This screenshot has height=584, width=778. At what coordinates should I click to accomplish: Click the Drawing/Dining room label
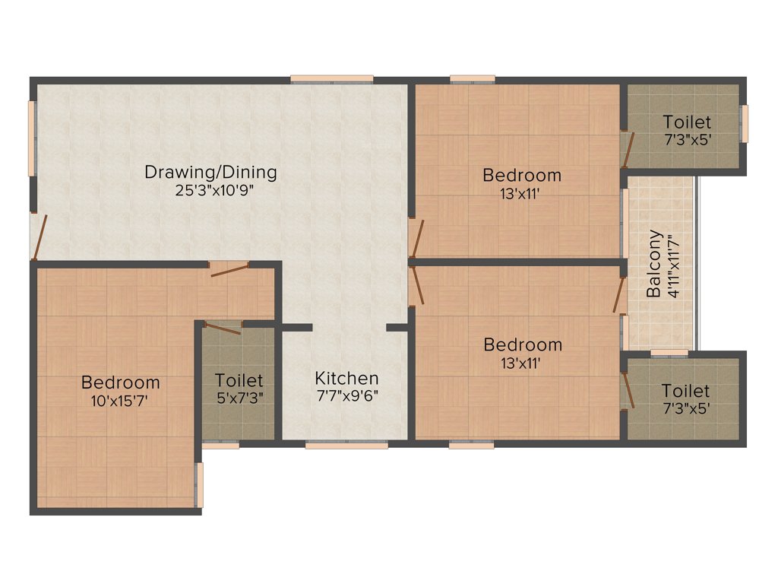tap(210, 172)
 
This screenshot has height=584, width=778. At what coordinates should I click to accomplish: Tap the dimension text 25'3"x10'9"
tap(210, 190)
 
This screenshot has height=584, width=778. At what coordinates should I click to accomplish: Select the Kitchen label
tap(346, 378)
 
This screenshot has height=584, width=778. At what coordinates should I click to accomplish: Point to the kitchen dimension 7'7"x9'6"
tap(346, 395)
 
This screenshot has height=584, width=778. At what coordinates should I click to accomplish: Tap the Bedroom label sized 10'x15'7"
tap(120, 382)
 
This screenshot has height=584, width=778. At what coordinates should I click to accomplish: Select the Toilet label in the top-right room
tap(687, 122)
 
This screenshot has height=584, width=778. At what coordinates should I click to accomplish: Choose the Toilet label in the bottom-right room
tap(685, 390)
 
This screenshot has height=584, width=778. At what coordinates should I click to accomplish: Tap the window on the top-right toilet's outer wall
tap(745, 123)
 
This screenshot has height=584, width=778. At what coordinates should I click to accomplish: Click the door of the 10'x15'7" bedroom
tap(229, 268)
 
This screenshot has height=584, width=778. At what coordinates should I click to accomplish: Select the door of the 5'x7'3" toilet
tap(223, 327)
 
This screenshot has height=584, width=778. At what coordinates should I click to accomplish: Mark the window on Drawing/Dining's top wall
tap(331, 78)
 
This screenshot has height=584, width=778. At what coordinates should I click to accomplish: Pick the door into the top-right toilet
tap(625, 149)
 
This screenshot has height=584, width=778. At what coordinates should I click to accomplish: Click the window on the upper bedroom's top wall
tap(472, 78)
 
